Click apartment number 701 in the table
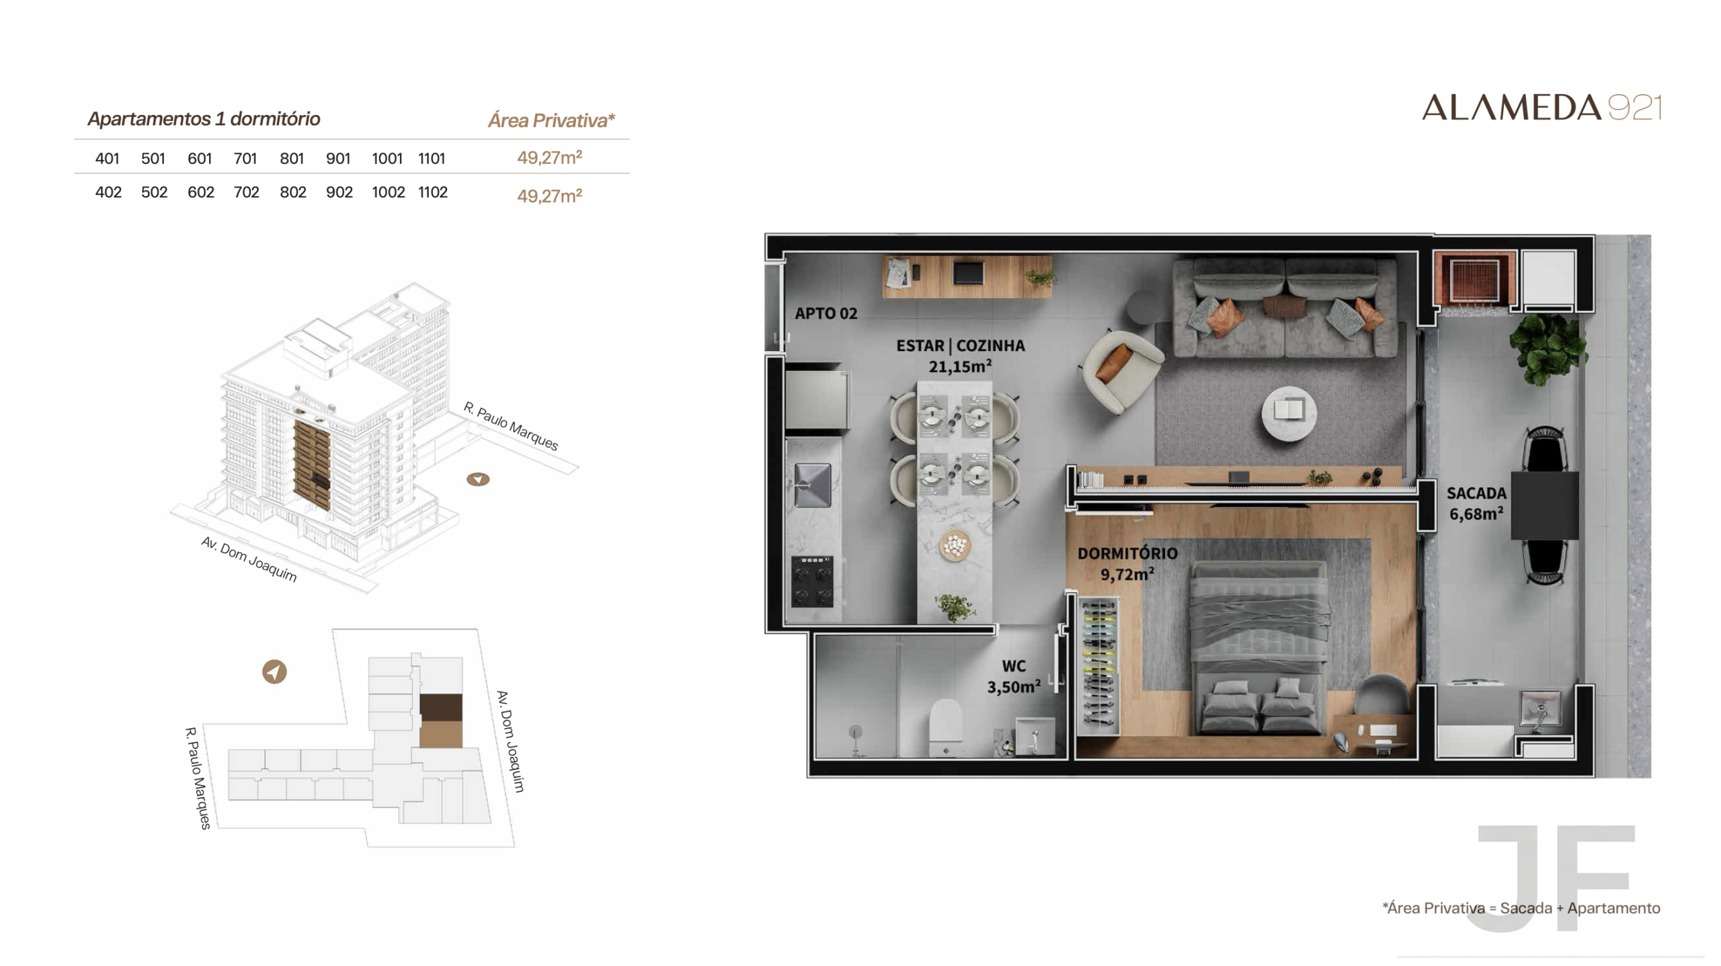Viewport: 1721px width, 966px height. pyautogui.click(x=245, y=159)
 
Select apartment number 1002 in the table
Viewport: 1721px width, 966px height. pyautogui.click(x=388, y=192)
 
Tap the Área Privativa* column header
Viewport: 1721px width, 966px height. pyautogui.click(x=551, y=120)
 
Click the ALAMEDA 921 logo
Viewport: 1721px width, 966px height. pyautogui.click(x=1542, y=108)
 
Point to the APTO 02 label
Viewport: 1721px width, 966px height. pyautogui.click(x=826, y=313)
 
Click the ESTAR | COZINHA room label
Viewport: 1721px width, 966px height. pyautogui.click(x=960, y=346)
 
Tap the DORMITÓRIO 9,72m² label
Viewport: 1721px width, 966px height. pyautogui.click(x=1127, y=563)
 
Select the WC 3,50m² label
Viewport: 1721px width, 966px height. pyautogui.click(x=1014, y=676)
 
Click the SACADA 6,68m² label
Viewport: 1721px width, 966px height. pyautogui.click(x=1476, y=504)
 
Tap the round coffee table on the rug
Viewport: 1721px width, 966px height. pyautogui.click(x=1288, y=412)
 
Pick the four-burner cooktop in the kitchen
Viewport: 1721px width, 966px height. pyautogui.click(x=813, y=581)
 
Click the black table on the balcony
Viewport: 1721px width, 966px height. pyautogui.click(x=1545, y=505)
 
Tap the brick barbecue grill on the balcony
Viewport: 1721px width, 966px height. pyautogui.click(x=1474, y=278)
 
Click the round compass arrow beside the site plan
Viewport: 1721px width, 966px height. pyautogui.click(x=274, y=672)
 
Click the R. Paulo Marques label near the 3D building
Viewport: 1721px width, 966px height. pyautogui.click(x=511, y=426)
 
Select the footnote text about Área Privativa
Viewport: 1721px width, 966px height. pyautogui.click(x=1521, y=908)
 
